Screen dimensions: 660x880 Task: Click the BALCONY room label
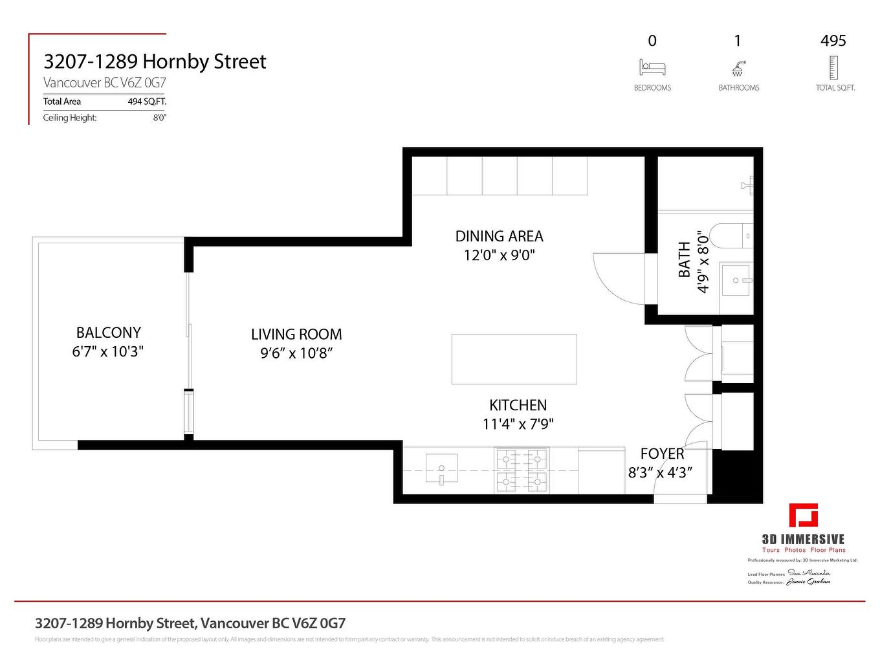pos(108,333)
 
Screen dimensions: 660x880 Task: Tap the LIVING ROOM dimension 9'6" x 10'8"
pos(296,353)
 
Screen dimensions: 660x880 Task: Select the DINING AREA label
pos(499,236)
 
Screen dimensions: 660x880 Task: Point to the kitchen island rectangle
pos(514,359)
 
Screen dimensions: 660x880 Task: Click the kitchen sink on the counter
pos(441,469)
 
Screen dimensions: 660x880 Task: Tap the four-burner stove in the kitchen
pos(522,470)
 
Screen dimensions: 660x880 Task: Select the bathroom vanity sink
pos(736,280)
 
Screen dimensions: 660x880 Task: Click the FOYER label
pos(662,454)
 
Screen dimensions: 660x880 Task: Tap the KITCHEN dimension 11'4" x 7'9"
pos(518,424)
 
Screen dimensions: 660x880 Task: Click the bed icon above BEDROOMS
pos(652,67)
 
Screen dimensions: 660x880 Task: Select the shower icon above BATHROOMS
pos(738,68)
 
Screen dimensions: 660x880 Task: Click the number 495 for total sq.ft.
pos(833,41)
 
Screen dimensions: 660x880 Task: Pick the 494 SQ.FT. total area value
pos(147,102)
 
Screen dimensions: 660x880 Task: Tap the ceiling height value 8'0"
pos(159,118)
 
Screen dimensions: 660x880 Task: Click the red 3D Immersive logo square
pos(803,516)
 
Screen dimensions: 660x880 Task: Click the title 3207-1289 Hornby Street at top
pos(155,61)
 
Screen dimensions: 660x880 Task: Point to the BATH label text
pos(684,260)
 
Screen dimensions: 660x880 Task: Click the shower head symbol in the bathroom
pos(747,185)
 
